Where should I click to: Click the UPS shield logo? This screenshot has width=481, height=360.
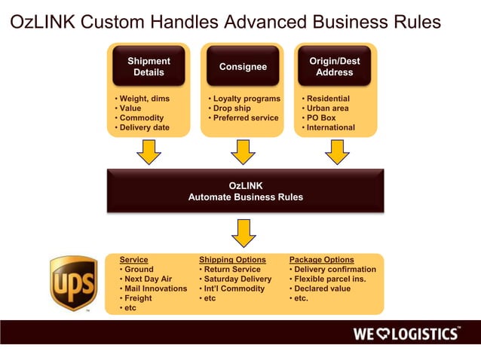73,284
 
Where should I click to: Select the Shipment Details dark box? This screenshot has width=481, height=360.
149,66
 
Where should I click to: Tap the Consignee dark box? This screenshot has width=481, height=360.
243,66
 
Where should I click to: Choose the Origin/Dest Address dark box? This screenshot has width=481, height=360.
334,66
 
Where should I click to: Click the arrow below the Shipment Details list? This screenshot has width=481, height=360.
149,152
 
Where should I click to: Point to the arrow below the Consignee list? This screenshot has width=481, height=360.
243,152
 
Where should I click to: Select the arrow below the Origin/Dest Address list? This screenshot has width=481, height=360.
336,152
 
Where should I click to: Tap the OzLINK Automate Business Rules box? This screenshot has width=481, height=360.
245,191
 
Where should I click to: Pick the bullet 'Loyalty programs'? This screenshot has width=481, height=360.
246,99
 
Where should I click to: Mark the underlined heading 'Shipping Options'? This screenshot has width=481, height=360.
232,260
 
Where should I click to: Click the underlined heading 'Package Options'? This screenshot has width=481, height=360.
321,260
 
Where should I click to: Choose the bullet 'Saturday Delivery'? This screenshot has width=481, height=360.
237,279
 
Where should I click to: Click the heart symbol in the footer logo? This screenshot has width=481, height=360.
390,334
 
